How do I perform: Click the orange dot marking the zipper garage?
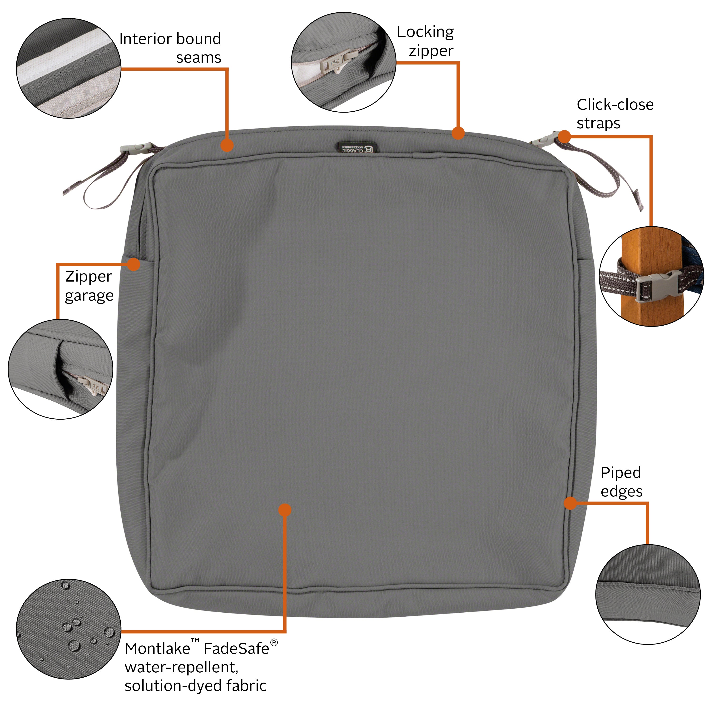coord(134,264)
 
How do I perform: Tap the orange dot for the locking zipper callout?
coord(458,133)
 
